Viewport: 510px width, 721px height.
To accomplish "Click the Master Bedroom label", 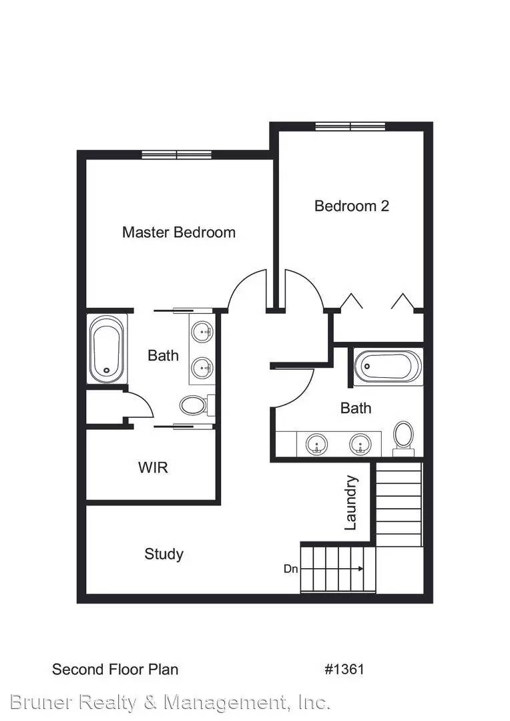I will click(x=178, y=232).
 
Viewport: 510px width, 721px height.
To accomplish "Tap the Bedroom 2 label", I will click(x=351, y=206).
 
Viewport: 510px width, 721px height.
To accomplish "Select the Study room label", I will click(x=164, y=554).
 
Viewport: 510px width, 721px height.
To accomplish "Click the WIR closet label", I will click(x=153, y=467).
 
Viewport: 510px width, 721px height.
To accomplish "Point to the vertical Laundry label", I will click(x=351, y=503).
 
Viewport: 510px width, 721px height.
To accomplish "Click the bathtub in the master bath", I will click(x=107, y=348).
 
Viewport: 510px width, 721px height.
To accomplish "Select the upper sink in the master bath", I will click(x=202, y=331).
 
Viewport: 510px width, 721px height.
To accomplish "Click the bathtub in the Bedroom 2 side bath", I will click(x=388, y=367).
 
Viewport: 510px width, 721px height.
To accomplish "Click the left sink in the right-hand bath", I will click(x=316, y=443).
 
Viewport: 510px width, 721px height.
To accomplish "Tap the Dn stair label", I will click(x=290, y=569).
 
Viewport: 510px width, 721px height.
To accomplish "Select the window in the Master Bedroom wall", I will click(x=176, y=155).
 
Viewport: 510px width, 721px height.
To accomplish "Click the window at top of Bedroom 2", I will click(x=350, y=126).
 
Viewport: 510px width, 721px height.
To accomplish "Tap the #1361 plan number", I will click(x=344, y=669).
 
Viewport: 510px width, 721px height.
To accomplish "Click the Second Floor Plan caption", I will click(x=115, y=669).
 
